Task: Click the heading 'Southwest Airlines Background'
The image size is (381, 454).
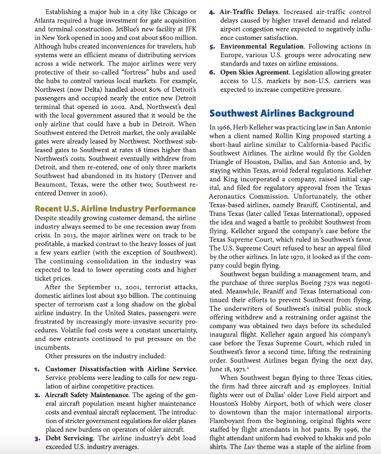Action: (x=281, y=113)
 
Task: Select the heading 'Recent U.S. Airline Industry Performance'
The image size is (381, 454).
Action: (x=115, y=208)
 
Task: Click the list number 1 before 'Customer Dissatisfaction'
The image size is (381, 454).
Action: (x=38, y=369)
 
